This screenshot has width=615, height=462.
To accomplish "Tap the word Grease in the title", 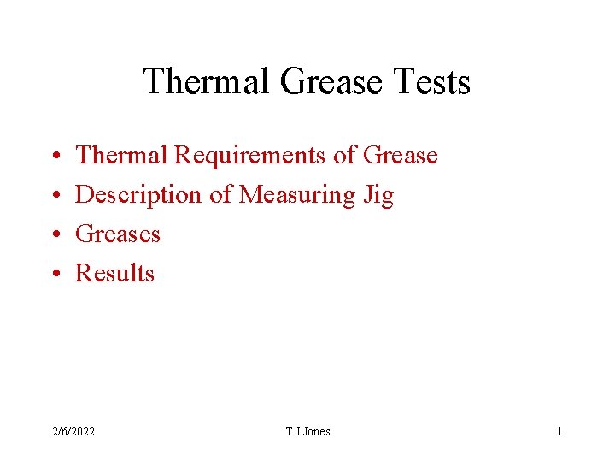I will click(330, 82).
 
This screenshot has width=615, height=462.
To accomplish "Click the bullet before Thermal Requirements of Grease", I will click(53, 156).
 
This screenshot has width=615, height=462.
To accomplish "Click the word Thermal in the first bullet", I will click(122, 156).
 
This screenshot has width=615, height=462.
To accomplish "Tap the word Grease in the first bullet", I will click(400, 156).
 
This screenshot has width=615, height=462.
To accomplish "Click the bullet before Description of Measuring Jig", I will click(53, 195).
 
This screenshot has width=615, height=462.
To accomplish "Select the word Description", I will click(139, 195).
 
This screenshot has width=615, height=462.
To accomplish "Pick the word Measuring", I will click(296, 195).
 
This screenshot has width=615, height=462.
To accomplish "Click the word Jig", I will click(378, 195).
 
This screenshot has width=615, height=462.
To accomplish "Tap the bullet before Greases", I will click(53, 234).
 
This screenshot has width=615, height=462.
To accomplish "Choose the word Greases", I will click(118, 234).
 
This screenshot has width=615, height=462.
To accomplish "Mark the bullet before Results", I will click(53, 274).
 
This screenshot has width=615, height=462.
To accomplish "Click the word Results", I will click(115, 274).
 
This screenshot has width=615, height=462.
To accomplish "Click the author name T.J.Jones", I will click(307, 431).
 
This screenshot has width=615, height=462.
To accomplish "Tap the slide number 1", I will click(559, 431).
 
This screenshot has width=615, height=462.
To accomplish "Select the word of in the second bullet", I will click(220, 195).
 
